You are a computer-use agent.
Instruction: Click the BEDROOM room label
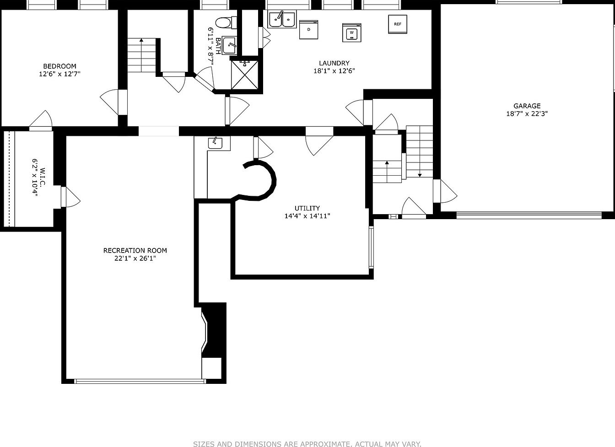(x=59, y=66)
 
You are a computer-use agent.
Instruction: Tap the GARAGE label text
(x=527, y=106)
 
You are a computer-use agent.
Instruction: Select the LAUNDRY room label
(x=334, y=63)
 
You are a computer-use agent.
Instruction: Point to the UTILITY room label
(x=307, y=208)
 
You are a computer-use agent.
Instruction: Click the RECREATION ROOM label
(x=135, y=250)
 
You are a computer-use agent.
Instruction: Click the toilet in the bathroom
(x=226, y=22)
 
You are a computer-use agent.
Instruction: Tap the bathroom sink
(x=229, y=45)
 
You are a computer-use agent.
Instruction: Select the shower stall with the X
(x=245, y=75)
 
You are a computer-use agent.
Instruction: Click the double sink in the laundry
(x=282, y=20)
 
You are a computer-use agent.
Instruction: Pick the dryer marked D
(x=308, y=30)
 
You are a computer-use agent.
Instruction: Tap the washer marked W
(x=352, y=32)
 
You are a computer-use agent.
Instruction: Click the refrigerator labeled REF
(x=398, y=24)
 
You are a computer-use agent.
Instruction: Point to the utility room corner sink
(x=215, y=143)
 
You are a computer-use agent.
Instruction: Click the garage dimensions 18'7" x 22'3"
(x=527, y=113)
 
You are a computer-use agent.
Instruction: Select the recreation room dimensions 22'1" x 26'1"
(x=135, y=259)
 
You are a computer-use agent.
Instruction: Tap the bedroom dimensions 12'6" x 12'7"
(x=59, y=74)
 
